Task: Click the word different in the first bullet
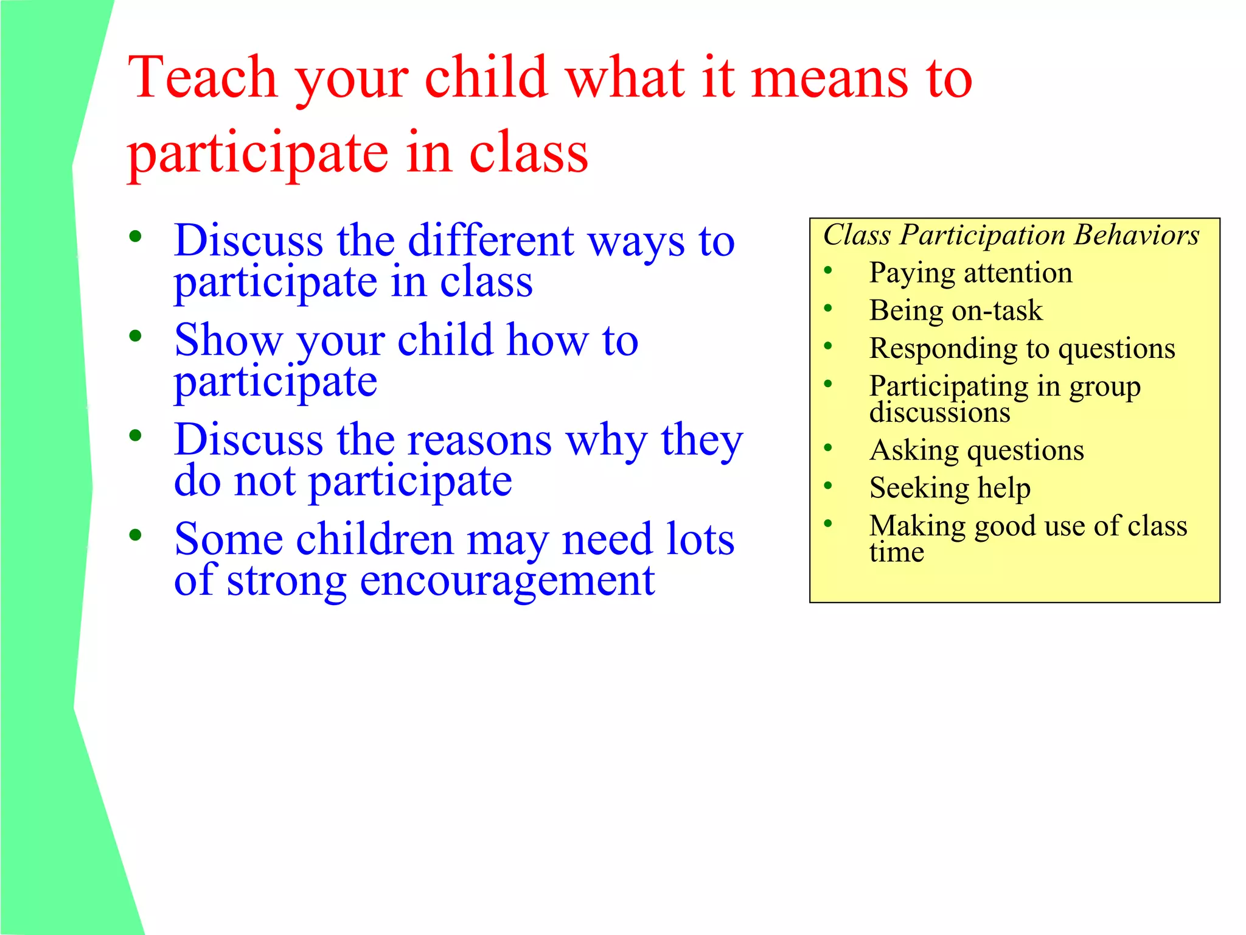[x=490, y=241]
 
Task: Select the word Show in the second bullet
[x=228, y=341]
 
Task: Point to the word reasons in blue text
[x=479, y=440]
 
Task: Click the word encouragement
[x=507, y=580]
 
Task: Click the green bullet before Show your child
[x=135, y=336]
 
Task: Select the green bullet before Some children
[x=135, y=535]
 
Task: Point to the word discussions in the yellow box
[x=939, y=413]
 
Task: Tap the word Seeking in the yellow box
[x=919, y=488]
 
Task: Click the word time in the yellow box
[x=896, y=553]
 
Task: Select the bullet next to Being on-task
[x=827, y=309]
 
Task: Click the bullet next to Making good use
[x=827, y=524]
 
